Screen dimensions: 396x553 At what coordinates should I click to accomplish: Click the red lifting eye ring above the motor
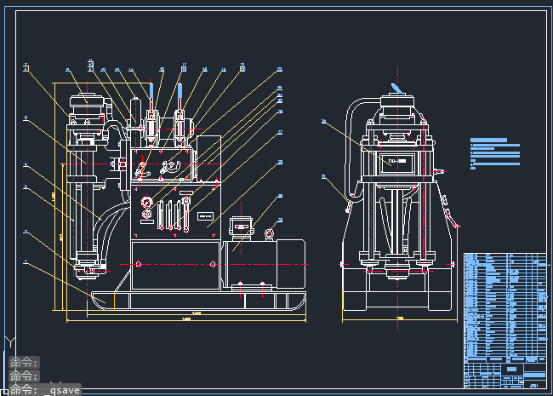pyautogui.click(x=270, y=234)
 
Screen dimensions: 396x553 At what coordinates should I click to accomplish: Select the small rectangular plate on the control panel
pyautogui.click(x=205, y=215)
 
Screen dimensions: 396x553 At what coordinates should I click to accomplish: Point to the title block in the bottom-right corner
pyautogui.click(x=505, y=371)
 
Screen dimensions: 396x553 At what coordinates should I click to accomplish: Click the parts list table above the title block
pyautogui.click(x=505, y=302)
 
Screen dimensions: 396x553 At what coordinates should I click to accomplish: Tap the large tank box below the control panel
pyautogui.click(x=177, y=265)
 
